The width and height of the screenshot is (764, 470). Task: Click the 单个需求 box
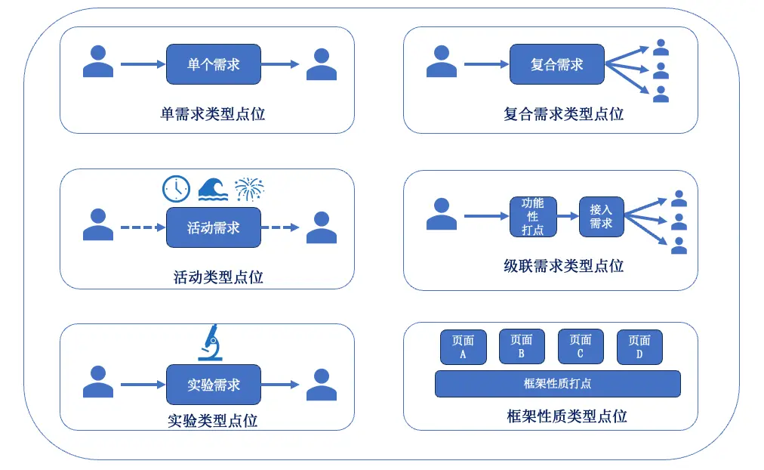pyautogui.click(x=214, y=64)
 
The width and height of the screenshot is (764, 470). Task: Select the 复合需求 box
pyautogui.click(x=557, y=64)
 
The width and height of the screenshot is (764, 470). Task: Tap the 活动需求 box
pyautogui.click(x=214, y=227)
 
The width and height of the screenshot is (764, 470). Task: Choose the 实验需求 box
pyautogui.click(x=214, y=385)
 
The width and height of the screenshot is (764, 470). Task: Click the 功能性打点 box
pyautogui.click(x=533, y=216)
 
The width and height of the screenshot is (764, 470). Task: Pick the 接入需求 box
pyautogui.click(x=601, y=216)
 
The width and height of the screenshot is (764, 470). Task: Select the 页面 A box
pyautogui.click(x=463, y=347)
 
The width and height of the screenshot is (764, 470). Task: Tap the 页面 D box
pyautogui.click(x=639, y=347)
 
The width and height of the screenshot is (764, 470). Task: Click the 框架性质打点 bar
pyautogui.click(x=557, y=384)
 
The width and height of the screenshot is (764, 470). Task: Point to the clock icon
pyautogui.click(x=176, y=189)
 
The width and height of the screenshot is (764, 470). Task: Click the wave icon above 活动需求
pyautogui.click(x=213, y=189)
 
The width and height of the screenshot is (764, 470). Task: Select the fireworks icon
pyautogui.click(x=249, y=189)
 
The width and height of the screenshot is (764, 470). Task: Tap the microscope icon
pyautogui.click(x=211, y=342)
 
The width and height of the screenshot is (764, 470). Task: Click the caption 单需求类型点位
pyautogui.click(x=213, y=114)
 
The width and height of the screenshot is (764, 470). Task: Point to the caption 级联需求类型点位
pyautogui.click(x=564, y=266)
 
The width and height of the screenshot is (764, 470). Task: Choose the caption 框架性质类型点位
pyautogui.click(x=567, y=416)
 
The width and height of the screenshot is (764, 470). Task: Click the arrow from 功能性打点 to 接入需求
pyautogui.click(x=568, y=216)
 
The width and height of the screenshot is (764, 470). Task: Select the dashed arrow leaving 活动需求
pyautogui.click(x=280, y=227)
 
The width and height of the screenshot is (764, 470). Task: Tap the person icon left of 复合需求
pyautogui.click(x=442, y=61)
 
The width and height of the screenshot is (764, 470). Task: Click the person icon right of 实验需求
pyautogui.click(x=322, y=385)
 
